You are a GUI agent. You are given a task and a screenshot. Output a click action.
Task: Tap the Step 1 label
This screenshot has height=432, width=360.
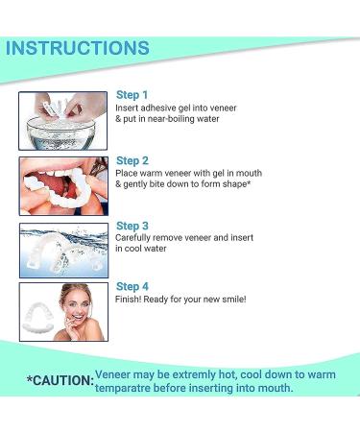(132, 95)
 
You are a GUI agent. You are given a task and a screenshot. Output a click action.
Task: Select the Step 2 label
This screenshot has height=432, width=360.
(132, 160)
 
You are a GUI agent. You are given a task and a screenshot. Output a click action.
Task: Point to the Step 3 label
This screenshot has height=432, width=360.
(132, 225)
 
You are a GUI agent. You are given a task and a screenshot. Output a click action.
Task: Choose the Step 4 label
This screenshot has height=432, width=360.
(132, 286)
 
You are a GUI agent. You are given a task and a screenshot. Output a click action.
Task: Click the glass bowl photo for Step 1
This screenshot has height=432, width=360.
(62, 121)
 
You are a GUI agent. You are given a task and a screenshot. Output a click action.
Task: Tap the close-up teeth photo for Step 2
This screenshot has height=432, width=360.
(62, 185)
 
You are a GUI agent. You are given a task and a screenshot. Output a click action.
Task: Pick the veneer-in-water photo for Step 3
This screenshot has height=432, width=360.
(62, 250)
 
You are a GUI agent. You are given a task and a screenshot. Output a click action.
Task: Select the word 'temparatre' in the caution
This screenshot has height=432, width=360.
(133, 388)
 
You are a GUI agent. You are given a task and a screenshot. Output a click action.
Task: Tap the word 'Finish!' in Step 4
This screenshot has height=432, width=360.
(130, 300)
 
